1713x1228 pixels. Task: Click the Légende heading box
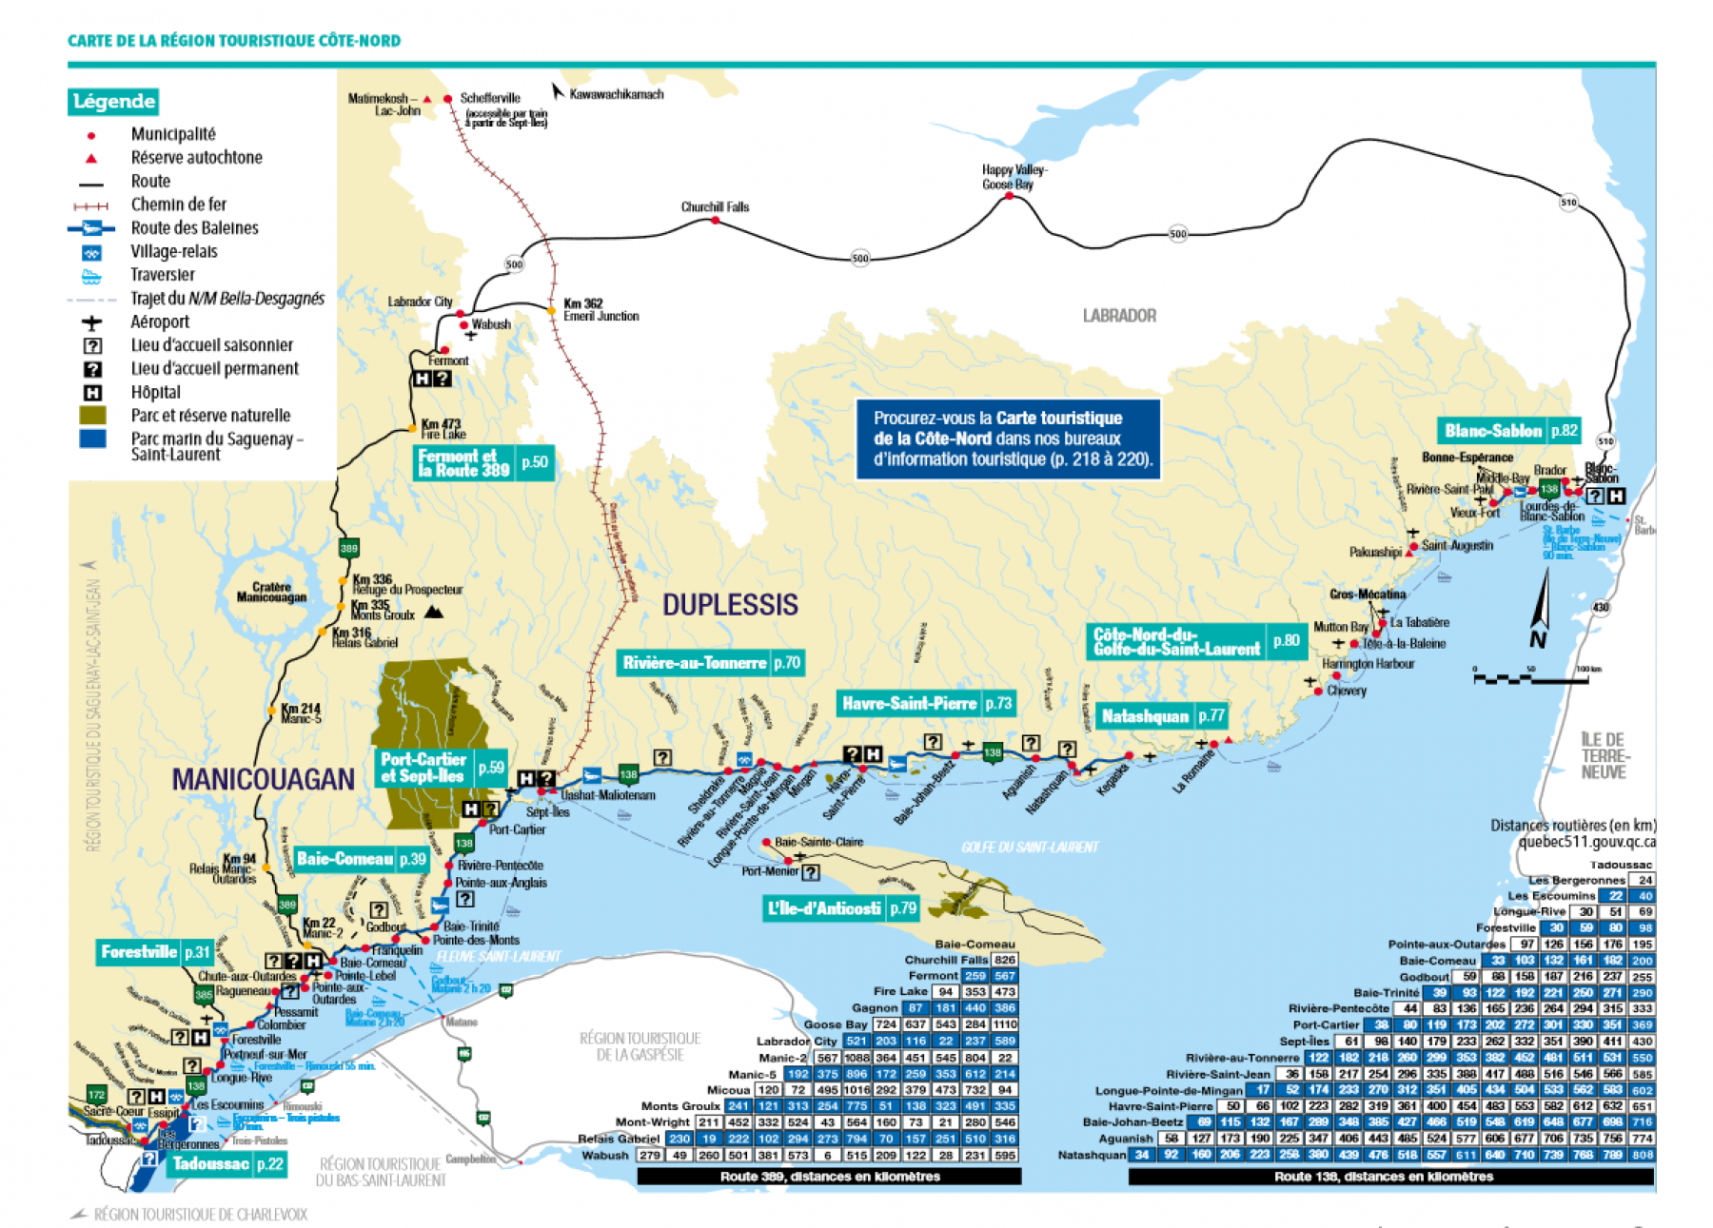coord(113,101)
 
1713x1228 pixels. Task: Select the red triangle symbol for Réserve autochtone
coord(91,158)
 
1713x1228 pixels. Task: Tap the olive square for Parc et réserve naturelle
coord(92,416)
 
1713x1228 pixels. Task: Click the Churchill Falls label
coord(715,206)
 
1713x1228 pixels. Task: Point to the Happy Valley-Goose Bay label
coord(1014,177)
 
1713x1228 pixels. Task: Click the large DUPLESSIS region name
coord(730,605)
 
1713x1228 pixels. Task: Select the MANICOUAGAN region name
coord(263,779)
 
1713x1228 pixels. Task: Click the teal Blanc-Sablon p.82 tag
coord(1510,431)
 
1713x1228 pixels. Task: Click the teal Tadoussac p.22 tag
coord(227,1164)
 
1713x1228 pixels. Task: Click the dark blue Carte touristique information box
coord(1008,439)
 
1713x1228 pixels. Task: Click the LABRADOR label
coord(1119,316)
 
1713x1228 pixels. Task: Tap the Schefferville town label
coord(490,98)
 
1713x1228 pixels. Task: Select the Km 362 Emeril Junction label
coord(600,310)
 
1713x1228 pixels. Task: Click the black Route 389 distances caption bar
coord(829,1177)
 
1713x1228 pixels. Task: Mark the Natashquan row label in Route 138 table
coord(1092,1155)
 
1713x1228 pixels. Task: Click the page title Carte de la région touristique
coord(234,41)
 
